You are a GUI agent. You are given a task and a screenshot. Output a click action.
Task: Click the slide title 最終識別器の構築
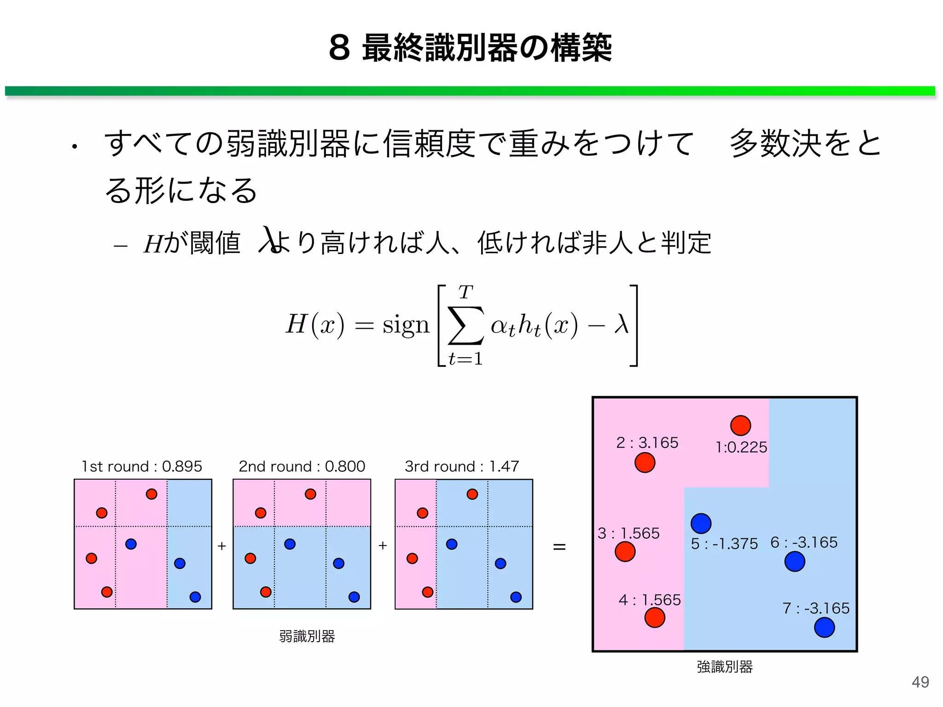tap(470, 48)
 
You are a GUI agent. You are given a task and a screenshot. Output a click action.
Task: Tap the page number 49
tap(920, 682)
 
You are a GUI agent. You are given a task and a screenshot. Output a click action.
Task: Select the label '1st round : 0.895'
tap(142, 466)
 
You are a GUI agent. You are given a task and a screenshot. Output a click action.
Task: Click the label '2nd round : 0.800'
tap(302, 466)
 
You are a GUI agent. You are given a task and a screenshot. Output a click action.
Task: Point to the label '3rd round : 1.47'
tap(462, 466)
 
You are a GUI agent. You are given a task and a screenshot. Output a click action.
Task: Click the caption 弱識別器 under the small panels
tap(307, 636)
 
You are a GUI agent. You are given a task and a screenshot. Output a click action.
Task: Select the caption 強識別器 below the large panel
tap(724, 666)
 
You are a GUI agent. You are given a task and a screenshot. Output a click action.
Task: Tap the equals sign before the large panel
tap(559, 547)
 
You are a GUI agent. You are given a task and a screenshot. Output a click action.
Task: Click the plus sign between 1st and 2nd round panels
tap(222, 546)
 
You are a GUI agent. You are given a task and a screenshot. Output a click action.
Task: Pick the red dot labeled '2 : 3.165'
tap(645, 463)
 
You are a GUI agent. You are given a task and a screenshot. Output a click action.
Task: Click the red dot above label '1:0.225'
tap(740, 425)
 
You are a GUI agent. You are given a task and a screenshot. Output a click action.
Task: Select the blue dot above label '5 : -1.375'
tap(701, 523)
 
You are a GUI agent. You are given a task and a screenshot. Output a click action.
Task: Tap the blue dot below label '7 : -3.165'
tap(824, 627)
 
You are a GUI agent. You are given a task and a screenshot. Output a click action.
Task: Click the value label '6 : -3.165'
tap(804, 542)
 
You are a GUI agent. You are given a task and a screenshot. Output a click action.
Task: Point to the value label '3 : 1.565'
tap(629, 533)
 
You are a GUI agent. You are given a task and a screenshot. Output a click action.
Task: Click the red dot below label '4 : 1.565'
tap(655, 618)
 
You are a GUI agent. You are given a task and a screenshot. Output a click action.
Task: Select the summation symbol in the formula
tap(466, 325)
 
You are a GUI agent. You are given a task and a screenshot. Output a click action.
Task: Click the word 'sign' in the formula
tap(406, 325)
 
